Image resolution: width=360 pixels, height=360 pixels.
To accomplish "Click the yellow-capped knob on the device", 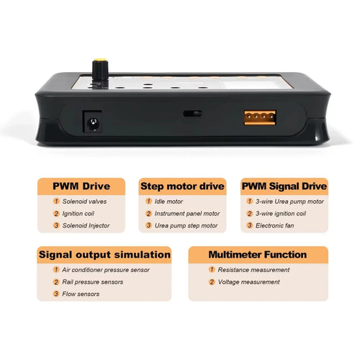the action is coord(100,70).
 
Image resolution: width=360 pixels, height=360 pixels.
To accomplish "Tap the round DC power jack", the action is coord(93,122).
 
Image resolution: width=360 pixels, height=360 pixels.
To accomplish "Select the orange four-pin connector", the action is coord(260,117).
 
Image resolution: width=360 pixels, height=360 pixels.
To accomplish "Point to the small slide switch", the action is coord(192,114).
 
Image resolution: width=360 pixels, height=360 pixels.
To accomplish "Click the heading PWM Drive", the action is coord(81,186).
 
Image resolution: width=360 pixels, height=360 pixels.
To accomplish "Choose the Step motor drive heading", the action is coord(182,186).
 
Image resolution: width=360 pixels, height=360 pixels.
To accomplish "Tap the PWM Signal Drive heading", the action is coord(284,186).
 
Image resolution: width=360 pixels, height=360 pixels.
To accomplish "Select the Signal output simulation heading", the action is coord(104,255).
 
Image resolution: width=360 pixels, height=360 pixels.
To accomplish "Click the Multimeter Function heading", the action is coord(258,255).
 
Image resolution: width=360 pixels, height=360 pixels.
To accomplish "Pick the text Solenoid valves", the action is coord(84,202).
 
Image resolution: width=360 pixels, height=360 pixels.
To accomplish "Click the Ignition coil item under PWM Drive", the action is coord(78,213).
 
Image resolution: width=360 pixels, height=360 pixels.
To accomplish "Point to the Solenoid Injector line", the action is coord(86,225).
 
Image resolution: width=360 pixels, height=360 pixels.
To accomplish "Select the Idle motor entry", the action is coord(168,202).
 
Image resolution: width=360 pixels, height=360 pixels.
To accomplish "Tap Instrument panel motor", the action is coord(187,213).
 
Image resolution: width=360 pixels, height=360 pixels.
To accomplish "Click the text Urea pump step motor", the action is coord(186,225).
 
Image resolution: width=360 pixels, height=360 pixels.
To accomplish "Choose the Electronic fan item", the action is coord(275,225).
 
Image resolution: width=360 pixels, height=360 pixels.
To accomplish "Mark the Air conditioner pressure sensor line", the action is coord(106,270).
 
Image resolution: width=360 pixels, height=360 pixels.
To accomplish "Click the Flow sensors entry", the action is coord(81,294).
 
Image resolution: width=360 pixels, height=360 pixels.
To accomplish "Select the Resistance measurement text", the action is coord(253,270).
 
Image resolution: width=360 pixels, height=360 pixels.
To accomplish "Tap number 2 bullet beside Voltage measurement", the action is coord(212,282).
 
